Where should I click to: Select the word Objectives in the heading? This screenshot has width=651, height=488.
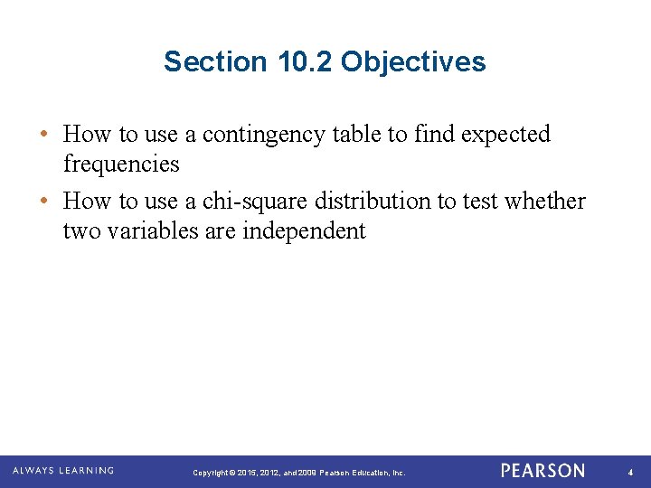click(x=413, y=62)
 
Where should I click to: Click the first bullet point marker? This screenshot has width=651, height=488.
click(x=43, y=135)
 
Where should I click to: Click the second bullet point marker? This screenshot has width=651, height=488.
click(x=43, y=202)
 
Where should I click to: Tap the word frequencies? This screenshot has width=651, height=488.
click(x=121, y=164)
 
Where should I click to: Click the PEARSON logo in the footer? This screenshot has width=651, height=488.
click(x=542, y=471)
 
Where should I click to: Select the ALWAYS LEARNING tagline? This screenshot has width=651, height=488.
click(x=62, y=471)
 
